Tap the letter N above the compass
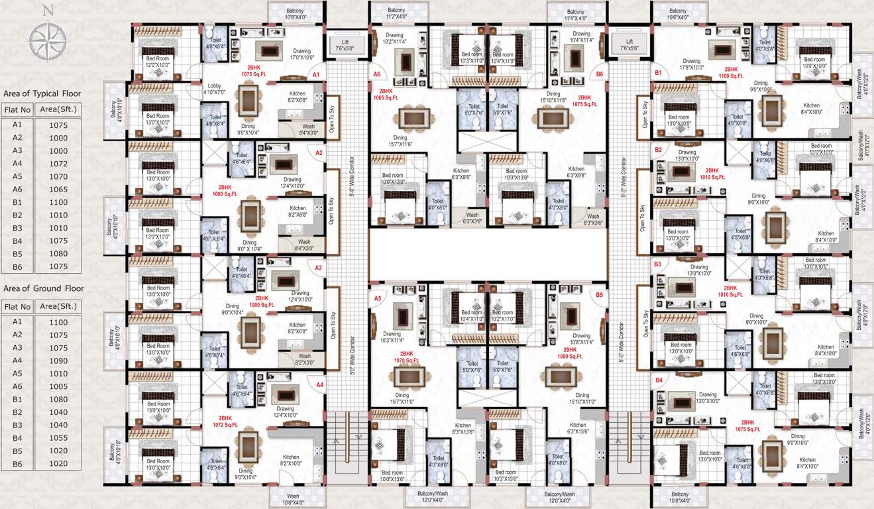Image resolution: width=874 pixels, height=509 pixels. pyautogui.click(x=47, y=9)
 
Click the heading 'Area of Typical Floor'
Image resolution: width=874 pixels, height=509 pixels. pyautogui.click(x=42, y=93)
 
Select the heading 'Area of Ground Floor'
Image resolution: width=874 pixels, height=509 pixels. pyautogui.click(x=42, y=288)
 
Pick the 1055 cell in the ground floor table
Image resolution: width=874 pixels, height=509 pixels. pyautogui.click(x=58, y=438)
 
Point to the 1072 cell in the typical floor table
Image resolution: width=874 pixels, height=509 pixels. pyautogui.click(x=58, y=163)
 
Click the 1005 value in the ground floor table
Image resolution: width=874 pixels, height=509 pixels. pyautogui.click(x=58, y=386)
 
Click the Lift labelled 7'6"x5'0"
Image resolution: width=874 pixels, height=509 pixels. pyautogui.click(x=345, y=45)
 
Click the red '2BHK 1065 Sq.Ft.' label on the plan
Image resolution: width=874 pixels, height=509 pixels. pyautogui.click(x=386, y=94)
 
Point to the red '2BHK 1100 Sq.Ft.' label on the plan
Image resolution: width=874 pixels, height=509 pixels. pyautogui.click(x=731, y=73)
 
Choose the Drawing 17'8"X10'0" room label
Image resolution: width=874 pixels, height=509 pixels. pyautogui.click(x=691, y=64)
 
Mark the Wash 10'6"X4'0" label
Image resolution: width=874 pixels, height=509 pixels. pyautogui.click(x=293, y=499)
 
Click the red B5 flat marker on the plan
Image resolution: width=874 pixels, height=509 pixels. pyautogui.click(x=599, y=294)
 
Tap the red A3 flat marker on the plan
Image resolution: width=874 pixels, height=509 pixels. pyautogui.click(x=318, y=268)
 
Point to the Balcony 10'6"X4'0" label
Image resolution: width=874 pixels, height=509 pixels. pyautogui.click(x=677, y=14)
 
